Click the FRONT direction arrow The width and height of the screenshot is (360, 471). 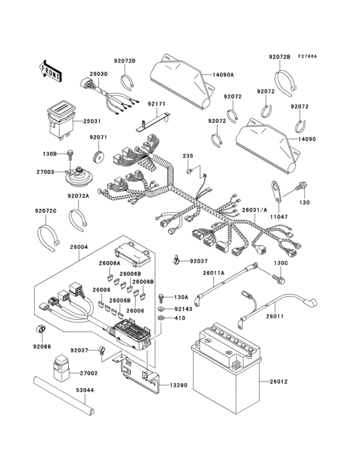pyautogui.click(x=51, y=70)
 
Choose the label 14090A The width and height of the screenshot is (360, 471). pyautogui.click(x=222, y=75)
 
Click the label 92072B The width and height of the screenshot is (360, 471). pyautogui.click(x=280, y=57)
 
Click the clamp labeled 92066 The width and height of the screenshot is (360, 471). pyautogui.click(x=40, y=329)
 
